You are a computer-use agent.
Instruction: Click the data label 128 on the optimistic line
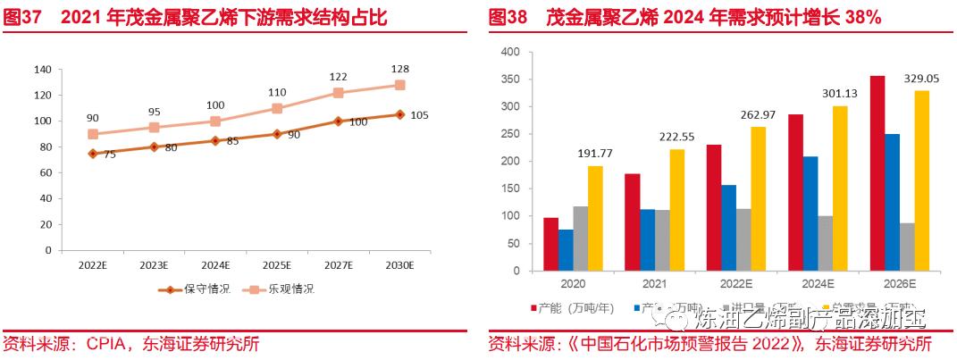399,69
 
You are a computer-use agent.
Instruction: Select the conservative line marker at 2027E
338,121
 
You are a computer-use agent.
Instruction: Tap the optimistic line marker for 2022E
92,134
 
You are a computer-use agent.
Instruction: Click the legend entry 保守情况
196,289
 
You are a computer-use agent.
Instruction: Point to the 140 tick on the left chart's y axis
41,70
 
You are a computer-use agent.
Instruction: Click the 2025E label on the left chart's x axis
277,265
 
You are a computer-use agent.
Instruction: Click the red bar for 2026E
877,173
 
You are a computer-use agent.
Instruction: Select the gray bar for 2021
663,240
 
